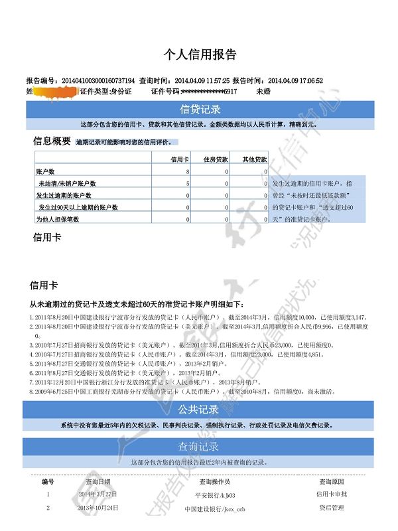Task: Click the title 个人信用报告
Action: coord(200,54)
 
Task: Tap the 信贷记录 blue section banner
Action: coord(200,109)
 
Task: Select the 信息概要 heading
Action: coord(52,141)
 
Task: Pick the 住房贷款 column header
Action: coord(216,160)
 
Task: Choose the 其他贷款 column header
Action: coord(254,160)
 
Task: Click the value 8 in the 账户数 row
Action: coord(188,172)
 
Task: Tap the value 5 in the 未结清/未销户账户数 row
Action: coord(188,183)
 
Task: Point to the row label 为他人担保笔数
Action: coord(57,219)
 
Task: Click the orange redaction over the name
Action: coord(52,91)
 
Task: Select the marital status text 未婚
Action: coord(263,91)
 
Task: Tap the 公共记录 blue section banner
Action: coord(200,410)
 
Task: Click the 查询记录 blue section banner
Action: coord(200,446)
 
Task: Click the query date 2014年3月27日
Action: coord(98,494)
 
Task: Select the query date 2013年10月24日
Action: coord(98,508)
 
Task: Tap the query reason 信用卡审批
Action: coord(332,494)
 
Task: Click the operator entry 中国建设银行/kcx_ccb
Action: coord(215,509)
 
